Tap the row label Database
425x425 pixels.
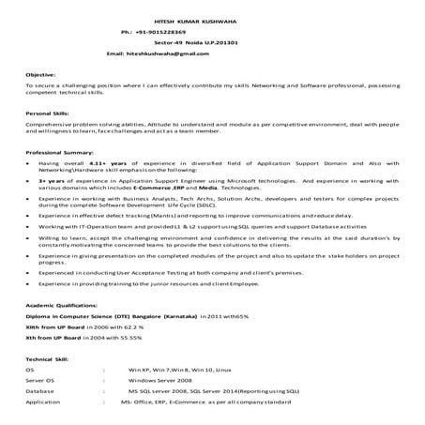click(40, 391)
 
